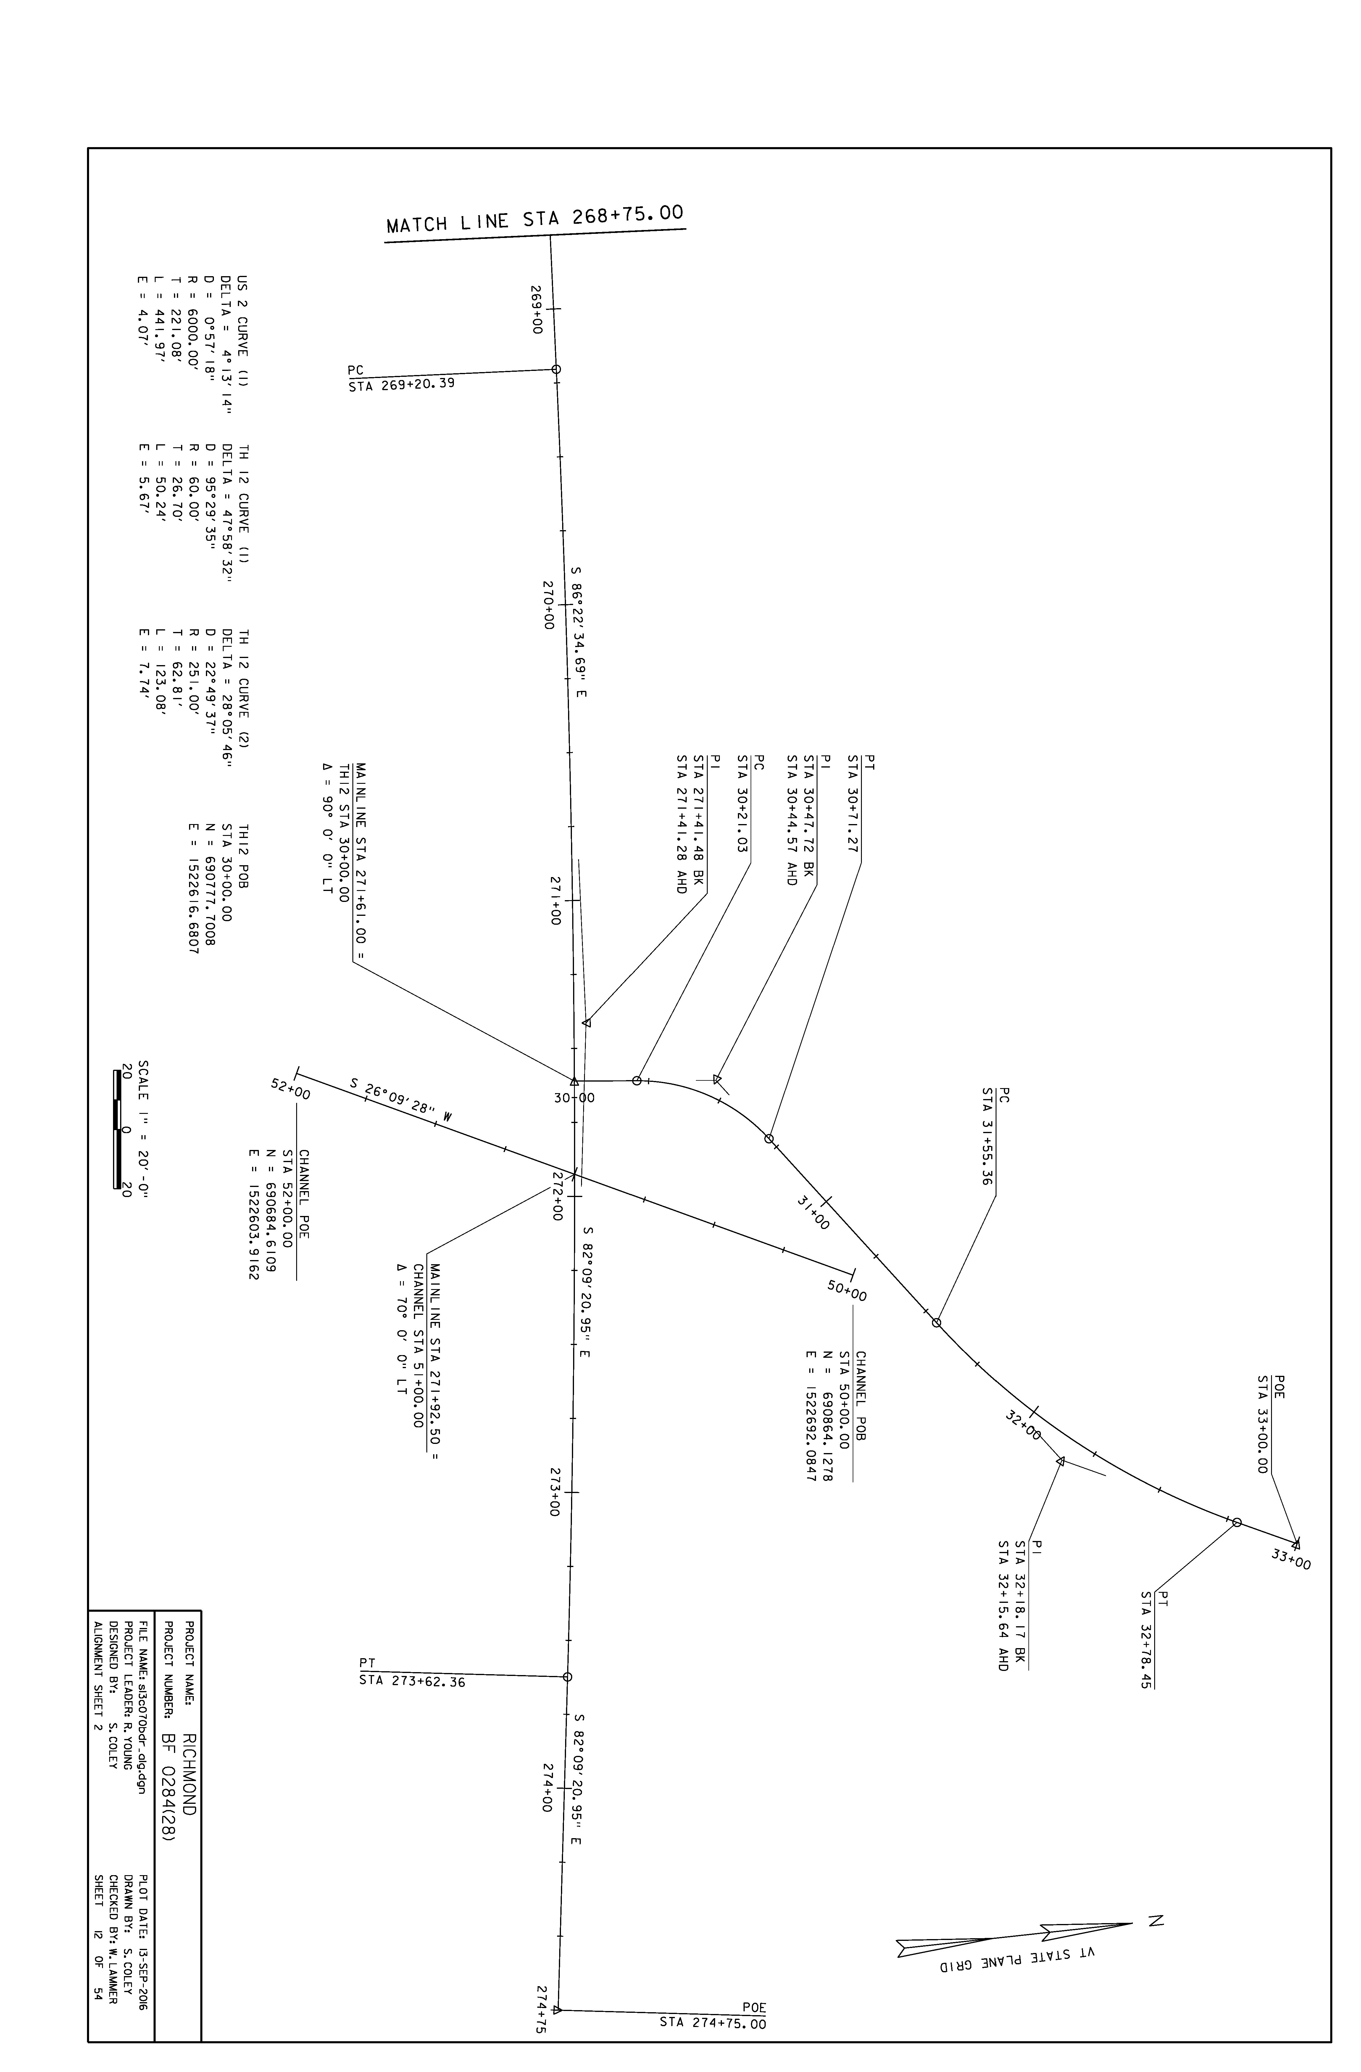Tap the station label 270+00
point(549,605)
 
